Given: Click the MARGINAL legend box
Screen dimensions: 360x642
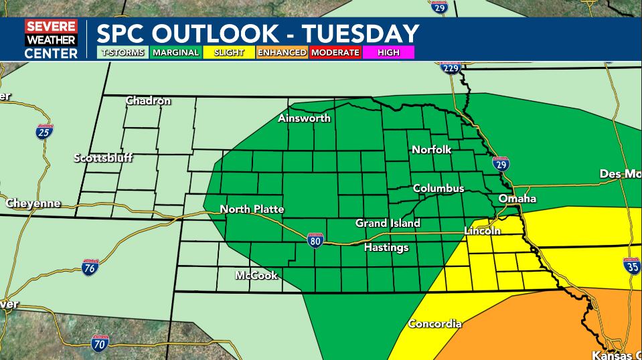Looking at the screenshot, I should click(x=175, y=52).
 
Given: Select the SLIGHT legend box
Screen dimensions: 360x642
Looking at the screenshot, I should click(x=229, y=52).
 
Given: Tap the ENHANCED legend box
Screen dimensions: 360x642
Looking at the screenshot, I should click(x=282, y=52).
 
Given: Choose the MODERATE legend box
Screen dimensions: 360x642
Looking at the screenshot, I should click(x=335, y=52).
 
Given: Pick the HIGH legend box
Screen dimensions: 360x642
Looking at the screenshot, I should click(x=388, y=52).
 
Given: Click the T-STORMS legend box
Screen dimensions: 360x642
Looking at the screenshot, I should click(x=123, y=52).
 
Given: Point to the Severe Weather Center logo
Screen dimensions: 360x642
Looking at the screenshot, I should click(x=51, y=39).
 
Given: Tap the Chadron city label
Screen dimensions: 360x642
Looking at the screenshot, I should click(x=148, y=101).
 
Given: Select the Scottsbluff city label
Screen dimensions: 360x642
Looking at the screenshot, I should click(x=103, y=159).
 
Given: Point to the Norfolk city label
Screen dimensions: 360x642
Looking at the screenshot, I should click(x=431, y=150).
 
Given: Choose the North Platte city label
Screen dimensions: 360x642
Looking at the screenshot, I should click(x=252, y=209).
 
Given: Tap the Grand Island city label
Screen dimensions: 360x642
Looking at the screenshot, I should click(x=388, y=223).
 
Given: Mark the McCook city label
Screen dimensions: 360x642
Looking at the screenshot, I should click(x=256, y=276).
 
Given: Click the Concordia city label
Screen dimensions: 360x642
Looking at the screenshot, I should click(x=434, y=324).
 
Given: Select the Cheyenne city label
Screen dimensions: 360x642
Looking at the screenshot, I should click(x=33, y=203).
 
